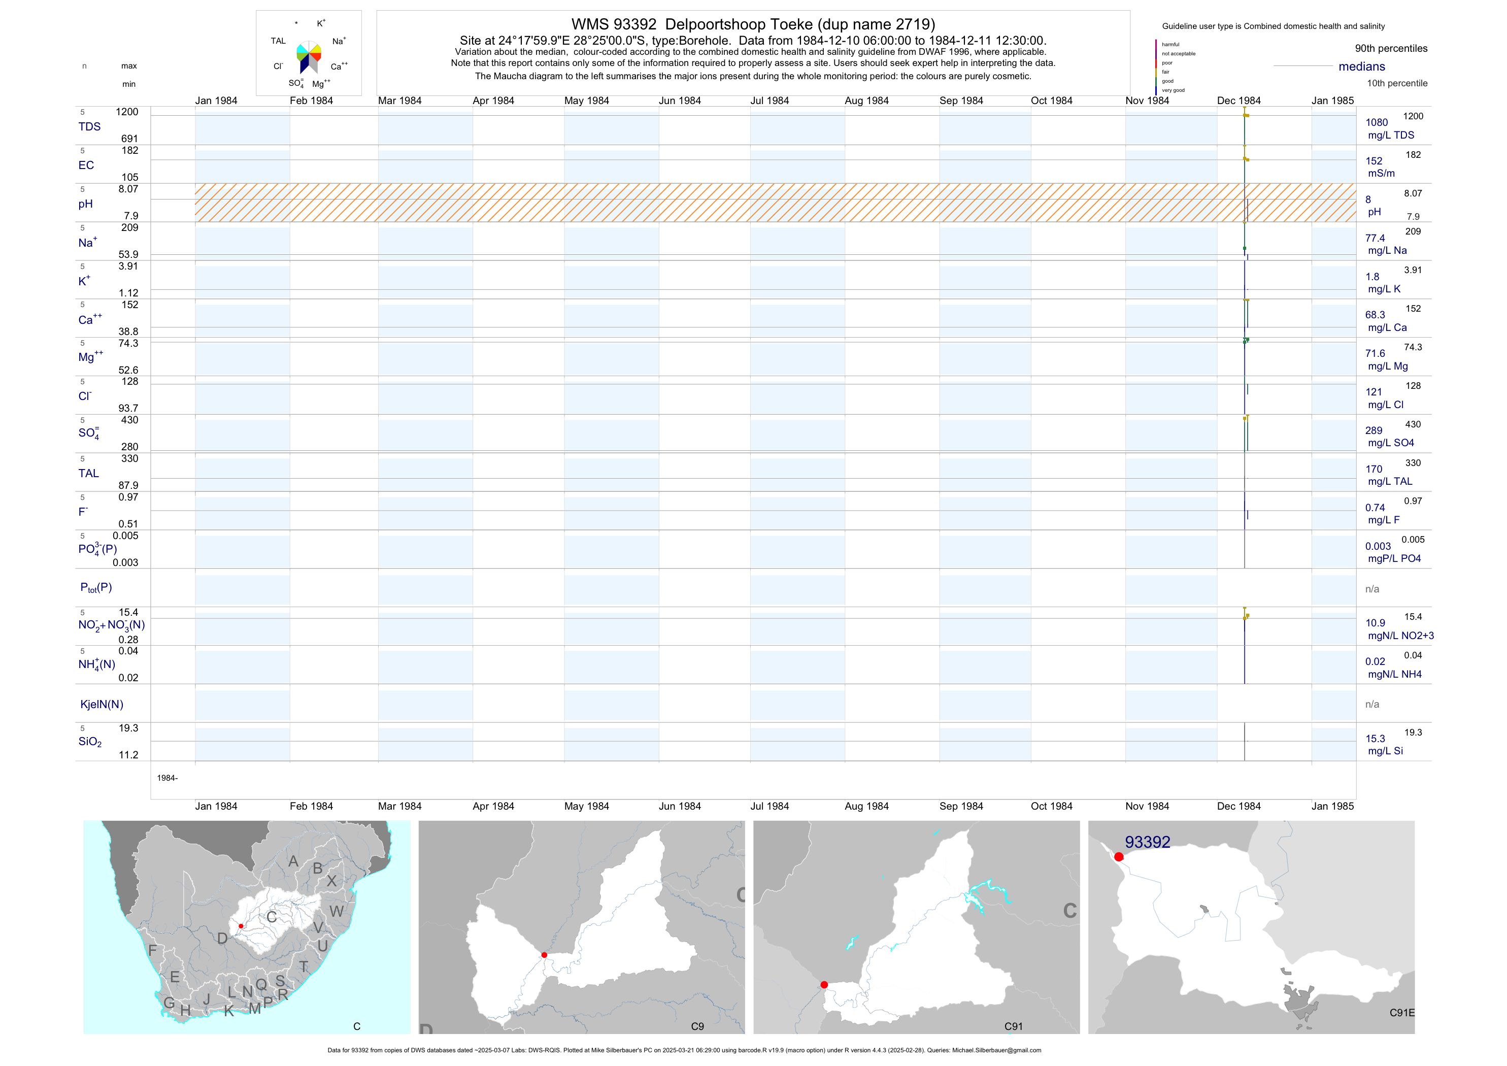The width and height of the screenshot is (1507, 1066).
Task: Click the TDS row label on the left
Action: pos(89,127)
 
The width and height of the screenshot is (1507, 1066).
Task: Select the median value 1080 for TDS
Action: pos(1377,123)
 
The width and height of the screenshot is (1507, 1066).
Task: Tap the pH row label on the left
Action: pos(85,204)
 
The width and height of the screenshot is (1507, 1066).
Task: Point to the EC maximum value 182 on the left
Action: pos(130,151)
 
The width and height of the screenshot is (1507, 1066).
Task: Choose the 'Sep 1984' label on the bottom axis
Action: pos(961,806)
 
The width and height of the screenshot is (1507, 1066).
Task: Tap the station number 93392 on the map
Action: pos(1147,842)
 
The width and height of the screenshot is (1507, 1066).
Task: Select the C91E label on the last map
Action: pos(1401,1013)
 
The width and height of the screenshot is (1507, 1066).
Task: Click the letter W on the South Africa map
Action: pos(337,911)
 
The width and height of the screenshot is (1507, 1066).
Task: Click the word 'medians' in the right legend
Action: pos(1361,67)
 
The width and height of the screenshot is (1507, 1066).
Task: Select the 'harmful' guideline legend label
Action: pos(1170,45)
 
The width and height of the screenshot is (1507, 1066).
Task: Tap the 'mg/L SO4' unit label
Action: pos(1390,443)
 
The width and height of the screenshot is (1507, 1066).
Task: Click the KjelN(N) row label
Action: pos(102,705)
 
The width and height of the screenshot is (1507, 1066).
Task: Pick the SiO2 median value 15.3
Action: pos(1375,739)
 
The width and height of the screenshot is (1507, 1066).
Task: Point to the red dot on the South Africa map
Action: pos(241,926)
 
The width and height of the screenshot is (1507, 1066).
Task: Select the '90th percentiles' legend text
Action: pos(1391,49)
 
